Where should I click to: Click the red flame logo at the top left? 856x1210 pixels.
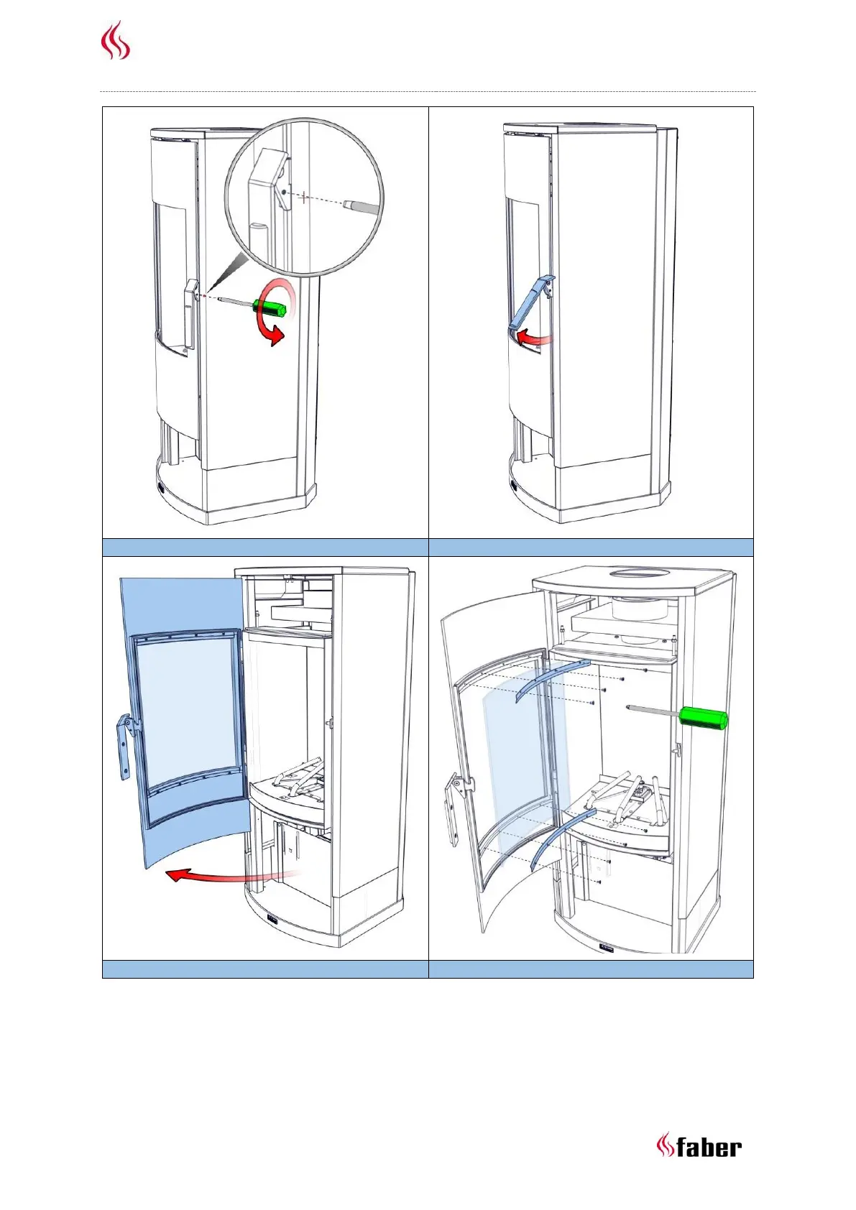tap(115, 41)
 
